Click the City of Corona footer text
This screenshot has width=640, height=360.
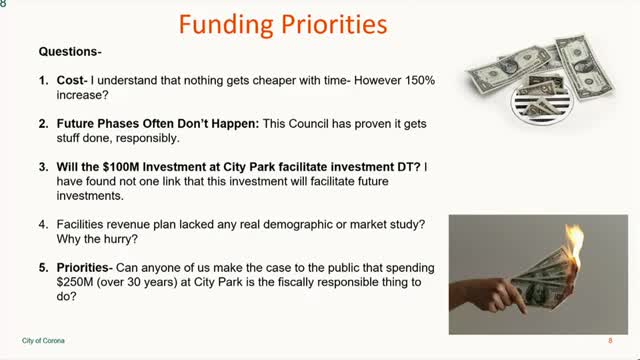click(x=44, y=341)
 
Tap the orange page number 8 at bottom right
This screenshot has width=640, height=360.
click(x=610, y=341)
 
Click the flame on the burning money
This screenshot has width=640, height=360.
click(x=576, y=245)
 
